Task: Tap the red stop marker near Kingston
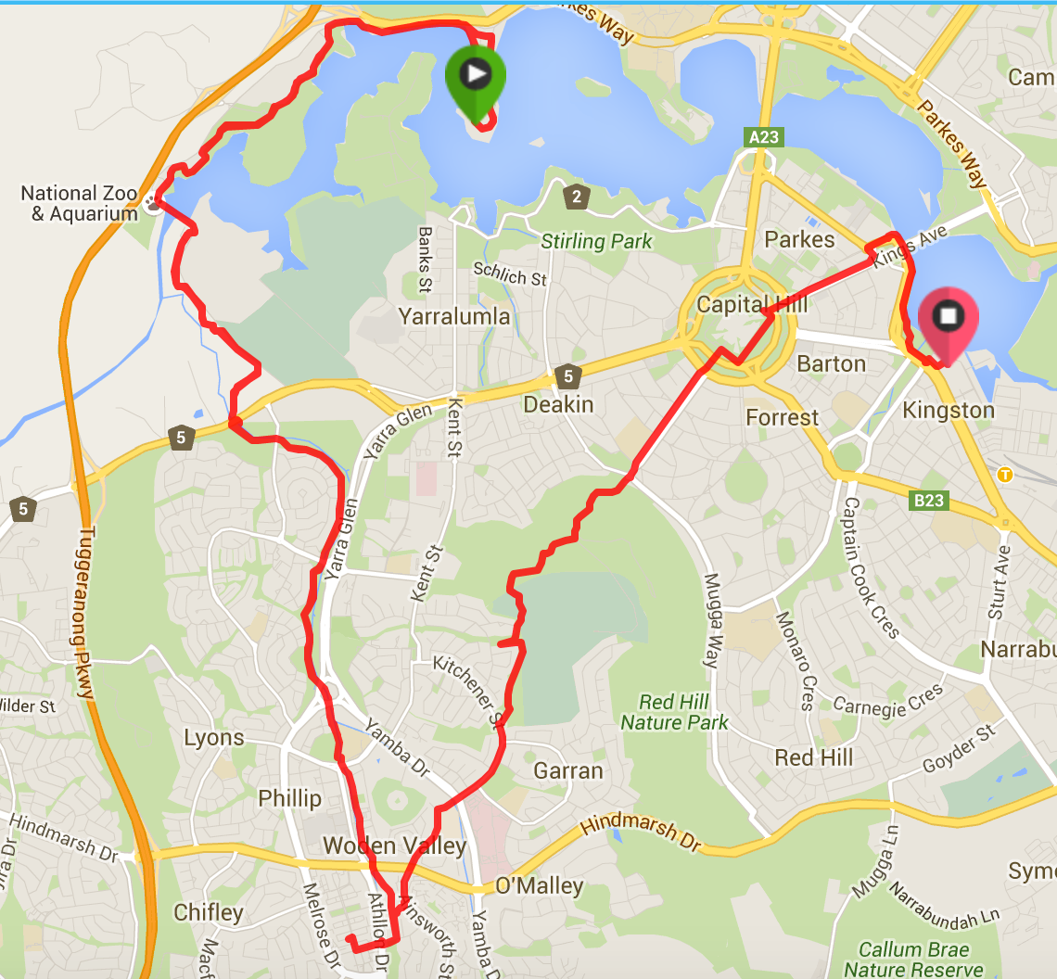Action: pyautogui.click(x=948, y=320)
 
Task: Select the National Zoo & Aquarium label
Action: pyautogui.click(x=79, y=204)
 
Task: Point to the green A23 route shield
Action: pyautogui.click(x=764, y=137)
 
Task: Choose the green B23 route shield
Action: pyautogui.click(x=928, y=501)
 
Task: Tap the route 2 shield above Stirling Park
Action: pyautogui.click(x=576, y=197)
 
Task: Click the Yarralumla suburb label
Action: pyautogui.click(x=454, y=316)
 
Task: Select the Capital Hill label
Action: pyautogui.click(x=752, y=304)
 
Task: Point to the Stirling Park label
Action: pyautogui.click(x=597, y=242)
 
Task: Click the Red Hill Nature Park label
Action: pyautogui.click(x=674, y=712)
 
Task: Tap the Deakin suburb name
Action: pyautogui.click(x=558, y=405)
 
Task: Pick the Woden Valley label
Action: pyautogui.click(x=394, y=845)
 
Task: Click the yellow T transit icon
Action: pyautogui.click(x=1004, y=475)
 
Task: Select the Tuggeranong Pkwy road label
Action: pyautogui.click(x=85, y=613)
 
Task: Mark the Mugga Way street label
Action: pyautogui.click(x=711, y=620)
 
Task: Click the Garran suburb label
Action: pyautogui.click(x=568, y=770)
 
